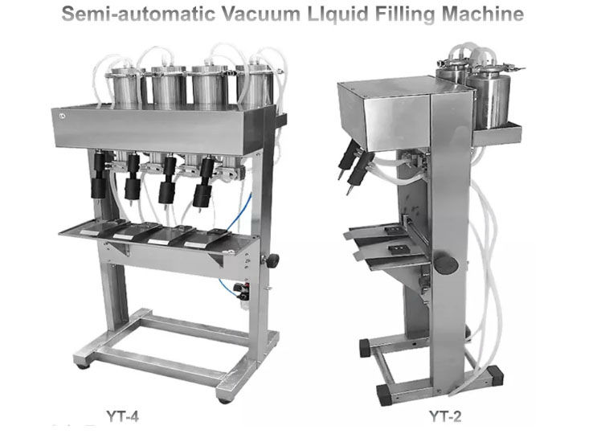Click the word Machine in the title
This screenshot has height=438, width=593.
(x=483, y=14)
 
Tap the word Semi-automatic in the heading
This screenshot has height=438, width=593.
(x=138, y=14)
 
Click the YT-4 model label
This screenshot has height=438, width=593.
(x=122, y=416)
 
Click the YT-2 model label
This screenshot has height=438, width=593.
(x=445, y=416)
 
